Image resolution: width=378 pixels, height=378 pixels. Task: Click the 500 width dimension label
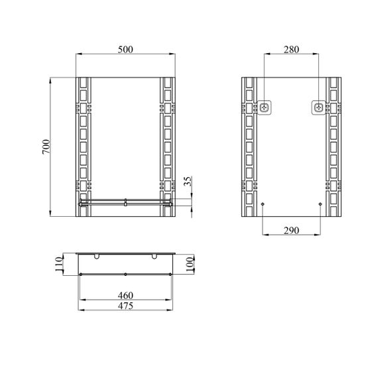pyautogui.click(x=125, y=50)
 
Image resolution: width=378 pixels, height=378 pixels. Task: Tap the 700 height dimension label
pyautogui.click(x=46, y=147)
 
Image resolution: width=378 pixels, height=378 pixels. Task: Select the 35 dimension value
pyautogui.click(x=188, y=181)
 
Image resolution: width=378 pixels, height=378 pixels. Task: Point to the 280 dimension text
pyautogui.click(x=291, y=50)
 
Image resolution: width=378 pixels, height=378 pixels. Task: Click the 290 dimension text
pyautogui.click(x=291, y=231)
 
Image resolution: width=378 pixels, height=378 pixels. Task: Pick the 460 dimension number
pyautogui.click(x=125, y=295)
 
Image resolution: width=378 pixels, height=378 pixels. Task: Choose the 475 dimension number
pyautogui.click(x=125, y=306)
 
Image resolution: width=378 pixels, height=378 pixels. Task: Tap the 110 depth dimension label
pyautogui.click(x=58, y=264)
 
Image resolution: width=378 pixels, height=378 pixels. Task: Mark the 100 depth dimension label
pyautogui.click(x=190, y=264)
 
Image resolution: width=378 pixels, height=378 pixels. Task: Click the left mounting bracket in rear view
pyautogui.click(x=265, y=107)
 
